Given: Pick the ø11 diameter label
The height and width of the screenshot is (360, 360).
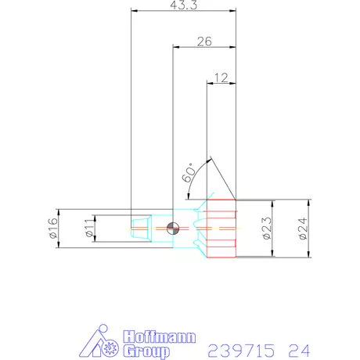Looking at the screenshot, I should point(88,229).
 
